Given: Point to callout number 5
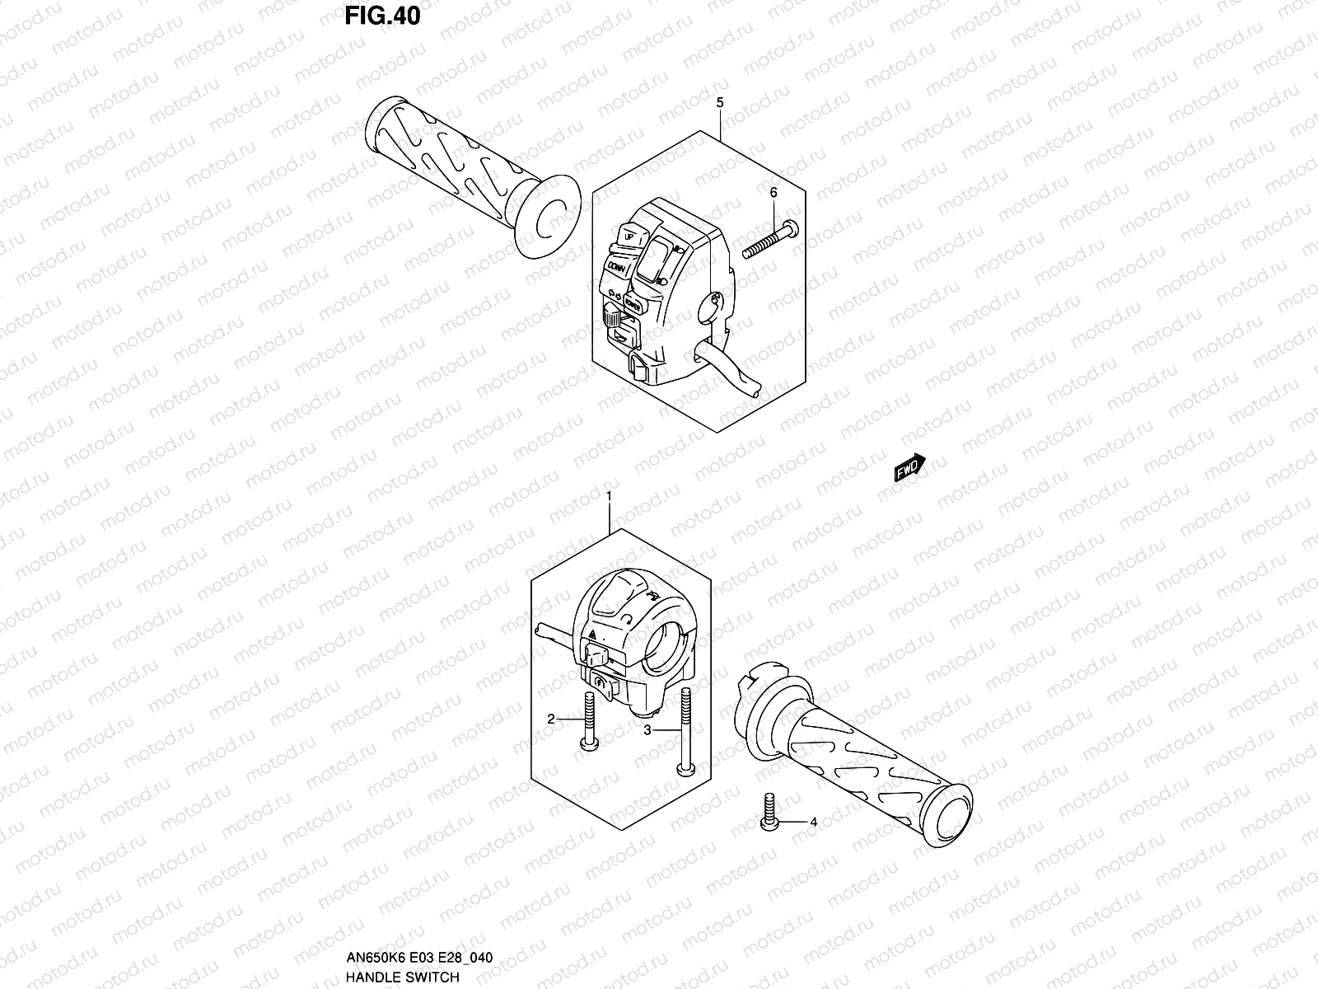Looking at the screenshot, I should (x=719, y=103).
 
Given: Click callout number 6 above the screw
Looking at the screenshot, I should (x=773, y=192).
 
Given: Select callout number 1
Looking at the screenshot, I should (x=609, y=497).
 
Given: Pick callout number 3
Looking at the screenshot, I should (x=647, y=730).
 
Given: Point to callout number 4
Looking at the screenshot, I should (x=813, y=822).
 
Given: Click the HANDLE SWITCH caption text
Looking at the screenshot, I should (x=403, y=977).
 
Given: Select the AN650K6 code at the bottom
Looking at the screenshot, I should (x=371, y=959).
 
